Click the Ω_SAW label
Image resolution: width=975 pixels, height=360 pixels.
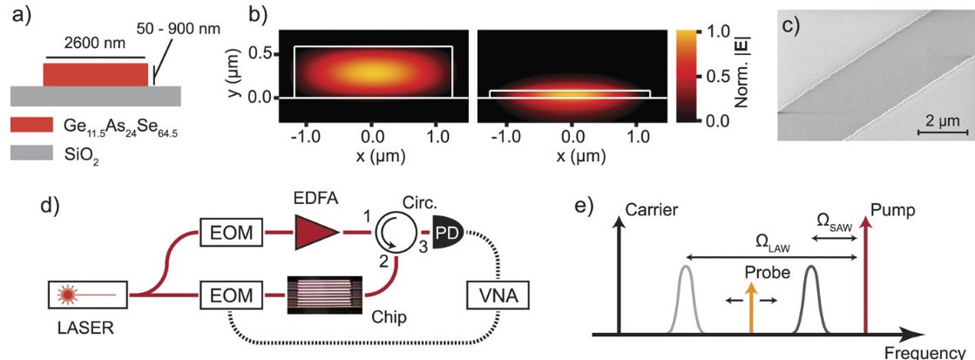836,222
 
